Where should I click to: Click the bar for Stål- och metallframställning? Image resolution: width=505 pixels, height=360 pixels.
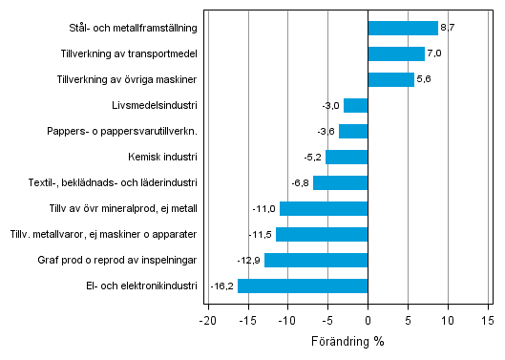coord(403,29)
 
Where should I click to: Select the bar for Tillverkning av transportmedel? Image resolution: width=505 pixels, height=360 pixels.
coord(396,54)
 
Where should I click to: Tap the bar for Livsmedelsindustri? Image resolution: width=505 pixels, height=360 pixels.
coord(355,106)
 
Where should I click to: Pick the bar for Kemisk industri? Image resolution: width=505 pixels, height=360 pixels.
coord(347,158)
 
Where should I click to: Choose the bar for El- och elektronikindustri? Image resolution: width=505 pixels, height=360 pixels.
coord(303,286)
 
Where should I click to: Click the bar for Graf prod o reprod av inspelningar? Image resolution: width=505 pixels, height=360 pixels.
coord(316,260)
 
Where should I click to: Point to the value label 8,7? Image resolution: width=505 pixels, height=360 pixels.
coord(447,29)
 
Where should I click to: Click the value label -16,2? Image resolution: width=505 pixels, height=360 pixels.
coord(222,286)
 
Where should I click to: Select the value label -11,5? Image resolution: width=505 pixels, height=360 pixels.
coord(261,234)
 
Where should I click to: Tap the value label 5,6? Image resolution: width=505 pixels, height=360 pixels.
coord(423,80)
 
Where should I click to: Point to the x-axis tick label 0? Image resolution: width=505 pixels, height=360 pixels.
coord(368,320)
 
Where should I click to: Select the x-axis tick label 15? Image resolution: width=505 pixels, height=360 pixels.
coord(488,320)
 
